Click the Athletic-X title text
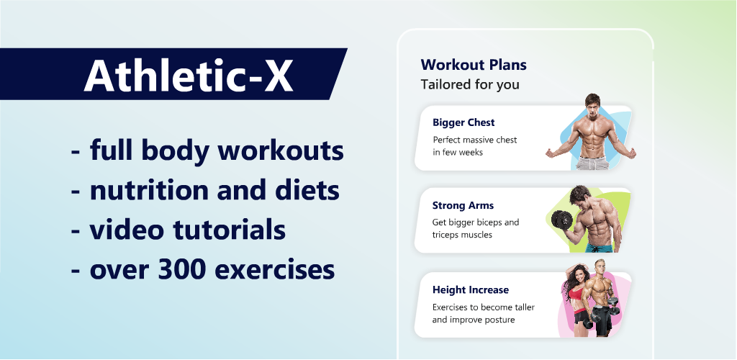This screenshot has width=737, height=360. (189, 74)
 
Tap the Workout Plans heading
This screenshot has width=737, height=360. (474, 64)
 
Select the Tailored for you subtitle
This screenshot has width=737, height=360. (470, 84)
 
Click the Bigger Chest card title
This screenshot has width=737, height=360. (464, 122)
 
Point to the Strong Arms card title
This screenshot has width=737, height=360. (463, 205)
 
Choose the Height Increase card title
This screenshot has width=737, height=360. (471, 290)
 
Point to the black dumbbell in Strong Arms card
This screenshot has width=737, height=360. (561, 220)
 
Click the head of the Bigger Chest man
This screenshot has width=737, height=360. (592, 104)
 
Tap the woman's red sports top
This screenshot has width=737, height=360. (575, 294)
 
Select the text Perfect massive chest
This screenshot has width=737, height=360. (475, 140)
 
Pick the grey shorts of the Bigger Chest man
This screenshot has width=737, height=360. (593, 163)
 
